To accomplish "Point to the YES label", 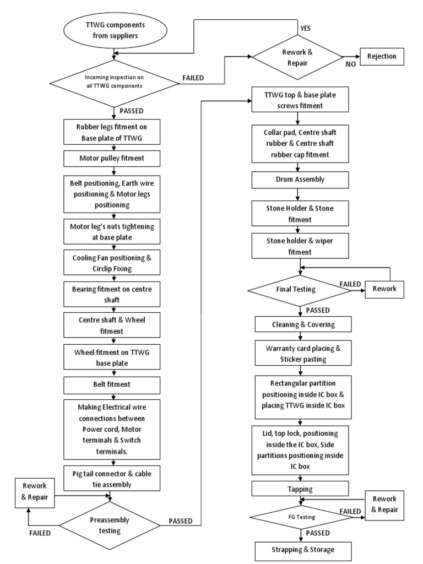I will [305, 27].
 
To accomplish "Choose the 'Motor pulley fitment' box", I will [113, 159].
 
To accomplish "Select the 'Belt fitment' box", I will [113, 383].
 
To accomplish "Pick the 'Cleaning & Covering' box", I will [302, 324].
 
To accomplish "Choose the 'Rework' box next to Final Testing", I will [388, 289].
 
